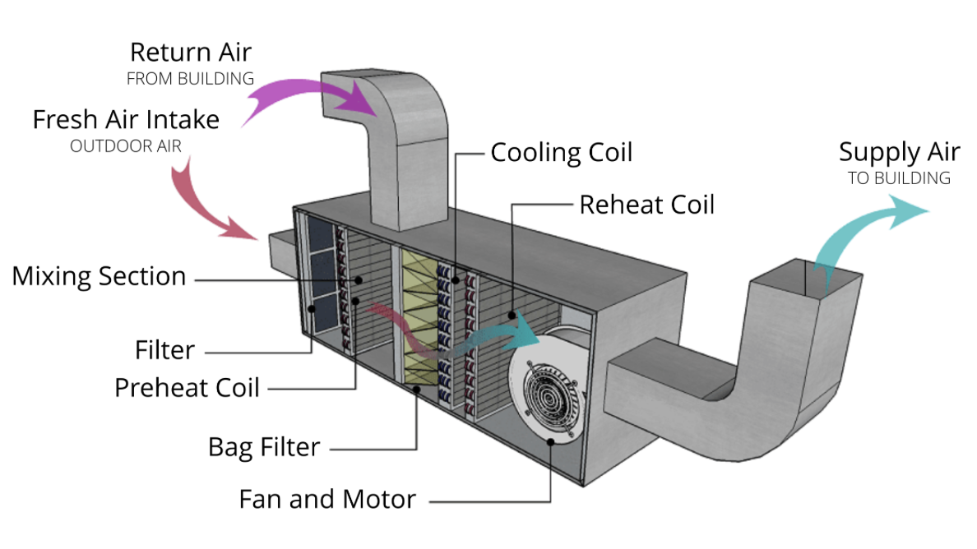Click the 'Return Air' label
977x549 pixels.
191,53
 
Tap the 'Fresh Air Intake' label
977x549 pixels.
126,119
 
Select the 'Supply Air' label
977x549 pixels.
899,153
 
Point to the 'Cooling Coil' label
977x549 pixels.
562,153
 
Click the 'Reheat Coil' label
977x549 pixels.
646,205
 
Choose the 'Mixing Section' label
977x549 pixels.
99,276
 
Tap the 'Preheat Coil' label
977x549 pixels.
187,388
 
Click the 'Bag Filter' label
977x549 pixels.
263,447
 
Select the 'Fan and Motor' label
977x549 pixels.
327,499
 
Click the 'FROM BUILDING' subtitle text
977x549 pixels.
190,79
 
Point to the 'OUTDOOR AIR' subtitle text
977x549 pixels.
125,146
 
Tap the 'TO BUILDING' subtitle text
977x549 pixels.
899,178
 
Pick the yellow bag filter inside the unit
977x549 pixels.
419,317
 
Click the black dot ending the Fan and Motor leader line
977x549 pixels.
551,442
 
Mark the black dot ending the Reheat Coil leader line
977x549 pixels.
512,316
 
